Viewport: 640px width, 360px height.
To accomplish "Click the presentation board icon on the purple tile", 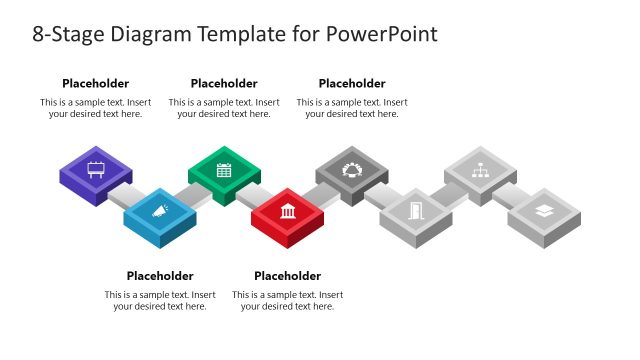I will click(x=96, y=169).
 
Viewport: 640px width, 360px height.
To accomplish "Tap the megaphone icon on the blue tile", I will click(x=160, y=211).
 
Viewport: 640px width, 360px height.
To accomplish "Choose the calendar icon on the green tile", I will click(x=224, y=169).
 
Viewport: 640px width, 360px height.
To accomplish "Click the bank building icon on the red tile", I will click(x=288, y=211).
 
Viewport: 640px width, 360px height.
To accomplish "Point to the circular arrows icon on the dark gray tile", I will click(x=352, y=169).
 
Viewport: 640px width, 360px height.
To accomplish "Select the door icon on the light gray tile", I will click(x=416, y=211).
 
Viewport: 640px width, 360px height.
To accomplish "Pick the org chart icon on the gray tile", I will click(x=480, y=169).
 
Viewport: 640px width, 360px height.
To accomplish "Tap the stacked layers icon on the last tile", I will click(x=544, y=211).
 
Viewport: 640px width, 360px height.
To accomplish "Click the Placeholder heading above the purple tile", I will click(x=96, y=84).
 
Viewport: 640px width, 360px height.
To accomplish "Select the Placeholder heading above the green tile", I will click(x=224, y=84).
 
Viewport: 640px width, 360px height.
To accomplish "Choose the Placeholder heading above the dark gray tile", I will click(x=352, y=84).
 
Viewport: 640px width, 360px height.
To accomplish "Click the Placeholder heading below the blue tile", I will click(x=160, y=276).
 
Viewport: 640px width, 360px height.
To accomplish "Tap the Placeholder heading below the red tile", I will click(x=288, y=276).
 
